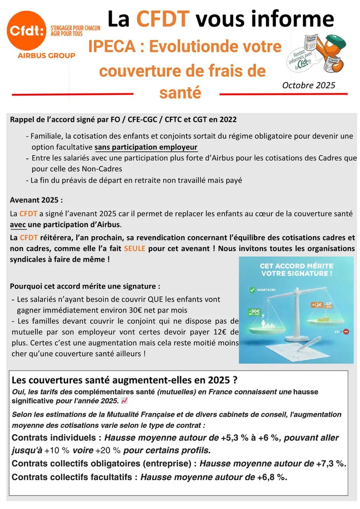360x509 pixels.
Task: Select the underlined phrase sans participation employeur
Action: coord(146,147)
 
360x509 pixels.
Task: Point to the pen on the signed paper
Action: coord(307,341)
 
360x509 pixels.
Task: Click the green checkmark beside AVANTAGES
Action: coord(251,291)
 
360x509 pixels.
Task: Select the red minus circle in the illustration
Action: coord(346,331)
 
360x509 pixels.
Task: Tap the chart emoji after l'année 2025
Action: coord(124,400)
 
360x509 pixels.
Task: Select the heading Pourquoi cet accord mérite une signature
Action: coord(85,286)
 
